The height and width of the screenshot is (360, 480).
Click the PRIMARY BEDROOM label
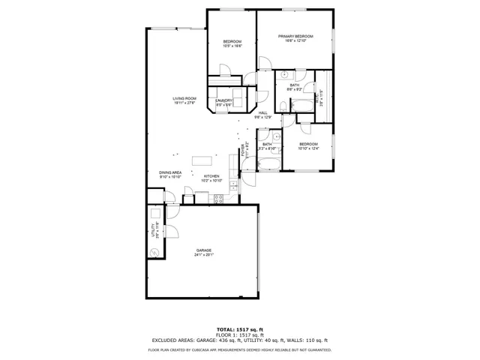[295, 36]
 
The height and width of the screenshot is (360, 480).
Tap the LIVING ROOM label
[184, 98]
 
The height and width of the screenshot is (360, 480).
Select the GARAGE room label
[204, 250]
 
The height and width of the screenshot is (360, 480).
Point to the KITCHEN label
[211, 176]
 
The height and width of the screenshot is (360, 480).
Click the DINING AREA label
[170, 172]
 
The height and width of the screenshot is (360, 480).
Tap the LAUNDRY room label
[224, 100]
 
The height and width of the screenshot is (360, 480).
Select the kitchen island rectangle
[202, 159]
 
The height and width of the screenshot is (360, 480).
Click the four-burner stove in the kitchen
[219, 198]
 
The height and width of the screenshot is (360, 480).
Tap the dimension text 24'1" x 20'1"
[204, 255]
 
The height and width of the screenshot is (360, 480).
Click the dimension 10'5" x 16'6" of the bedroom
[232, 46]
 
